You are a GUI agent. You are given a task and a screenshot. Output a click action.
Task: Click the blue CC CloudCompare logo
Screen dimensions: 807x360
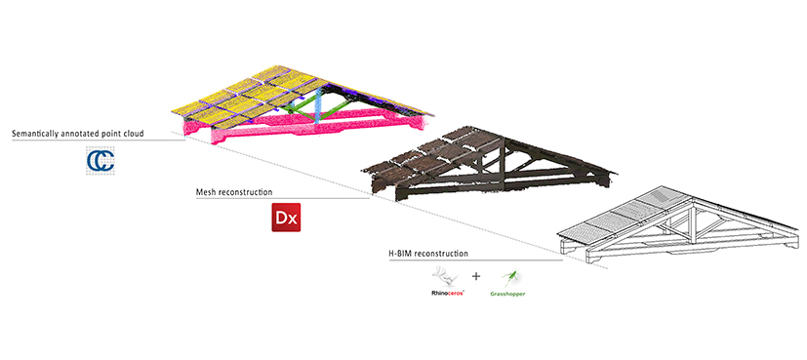click(101, 160)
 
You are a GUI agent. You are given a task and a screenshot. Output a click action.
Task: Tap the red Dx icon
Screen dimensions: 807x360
click(286, 218)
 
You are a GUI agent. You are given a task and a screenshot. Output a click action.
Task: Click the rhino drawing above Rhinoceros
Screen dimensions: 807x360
click(447, 277)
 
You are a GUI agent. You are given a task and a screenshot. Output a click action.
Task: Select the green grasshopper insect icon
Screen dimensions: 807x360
click(511, 278)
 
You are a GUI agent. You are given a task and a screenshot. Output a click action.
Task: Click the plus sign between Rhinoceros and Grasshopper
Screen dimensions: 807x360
click(476, 276)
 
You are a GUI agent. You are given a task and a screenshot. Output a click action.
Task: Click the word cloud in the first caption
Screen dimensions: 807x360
click(134, 134)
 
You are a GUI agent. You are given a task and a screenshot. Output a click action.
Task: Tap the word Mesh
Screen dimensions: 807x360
click(206, 192)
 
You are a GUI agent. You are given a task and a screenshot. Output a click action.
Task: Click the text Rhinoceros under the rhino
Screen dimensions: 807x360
click(447, 293)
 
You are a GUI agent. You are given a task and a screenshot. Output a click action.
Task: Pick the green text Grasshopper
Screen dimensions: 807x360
click(508, 294)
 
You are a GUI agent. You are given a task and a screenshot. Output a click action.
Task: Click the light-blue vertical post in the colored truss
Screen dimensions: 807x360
click(318, 104)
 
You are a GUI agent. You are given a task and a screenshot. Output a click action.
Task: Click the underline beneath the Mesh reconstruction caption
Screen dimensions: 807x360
click(283, 198)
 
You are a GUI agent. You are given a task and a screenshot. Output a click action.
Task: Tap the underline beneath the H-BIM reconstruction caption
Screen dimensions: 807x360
click(476, 260)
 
